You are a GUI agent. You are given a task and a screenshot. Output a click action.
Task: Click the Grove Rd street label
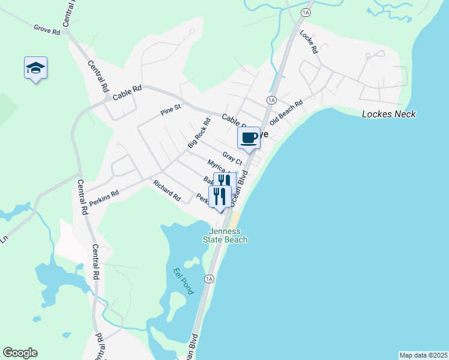[47, 29]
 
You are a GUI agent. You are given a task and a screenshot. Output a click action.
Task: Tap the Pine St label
[170, 110]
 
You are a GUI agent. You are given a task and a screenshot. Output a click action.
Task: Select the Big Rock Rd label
[199, 133]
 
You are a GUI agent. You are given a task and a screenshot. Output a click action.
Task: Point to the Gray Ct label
[232, 158]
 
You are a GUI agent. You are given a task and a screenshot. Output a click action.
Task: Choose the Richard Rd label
[167, 190]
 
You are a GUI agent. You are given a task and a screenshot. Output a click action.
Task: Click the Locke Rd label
[308, 42]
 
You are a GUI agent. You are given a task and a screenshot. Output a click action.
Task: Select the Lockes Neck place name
[389, 115]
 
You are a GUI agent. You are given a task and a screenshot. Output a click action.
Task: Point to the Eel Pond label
[184, 280]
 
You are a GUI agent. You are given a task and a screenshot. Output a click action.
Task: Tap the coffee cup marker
[249, 139]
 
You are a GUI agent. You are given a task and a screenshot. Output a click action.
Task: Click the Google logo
[20, 353]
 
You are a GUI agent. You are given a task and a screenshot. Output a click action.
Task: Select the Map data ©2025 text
[423, 355]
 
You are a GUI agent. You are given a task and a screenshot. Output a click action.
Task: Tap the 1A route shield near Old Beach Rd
[271, 100]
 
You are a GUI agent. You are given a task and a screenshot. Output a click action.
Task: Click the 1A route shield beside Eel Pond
[209, 279]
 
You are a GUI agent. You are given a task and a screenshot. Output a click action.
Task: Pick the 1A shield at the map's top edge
[306, 13]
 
